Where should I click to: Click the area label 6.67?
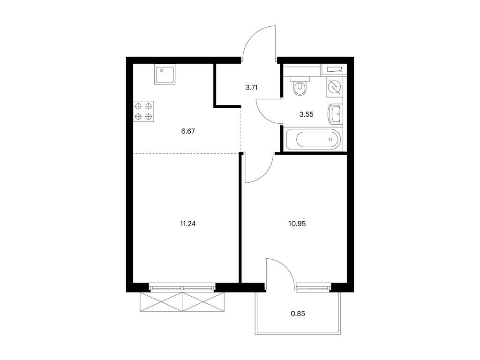click(188, 131)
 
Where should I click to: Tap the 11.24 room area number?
click(187, 224)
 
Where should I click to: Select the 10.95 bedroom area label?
click(297, 224)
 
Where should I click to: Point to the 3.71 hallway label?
click(252, 88)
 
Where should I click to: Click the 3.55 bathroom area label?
click(307, 114)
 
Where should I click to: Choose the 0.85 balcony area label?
click(298, 314)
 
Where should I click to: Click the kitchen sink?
click(165, 75)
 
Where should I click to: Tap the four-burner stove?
click(143, 111)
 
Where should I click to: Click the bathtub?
click(314, 140)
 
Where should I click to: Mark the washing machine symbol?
click(335, 87)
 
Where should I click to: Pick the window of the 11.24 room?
click(182, 288)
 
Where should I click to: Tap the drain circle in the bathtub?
click(330, 140)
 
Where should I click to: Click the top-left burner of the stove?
click(138, 106)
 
